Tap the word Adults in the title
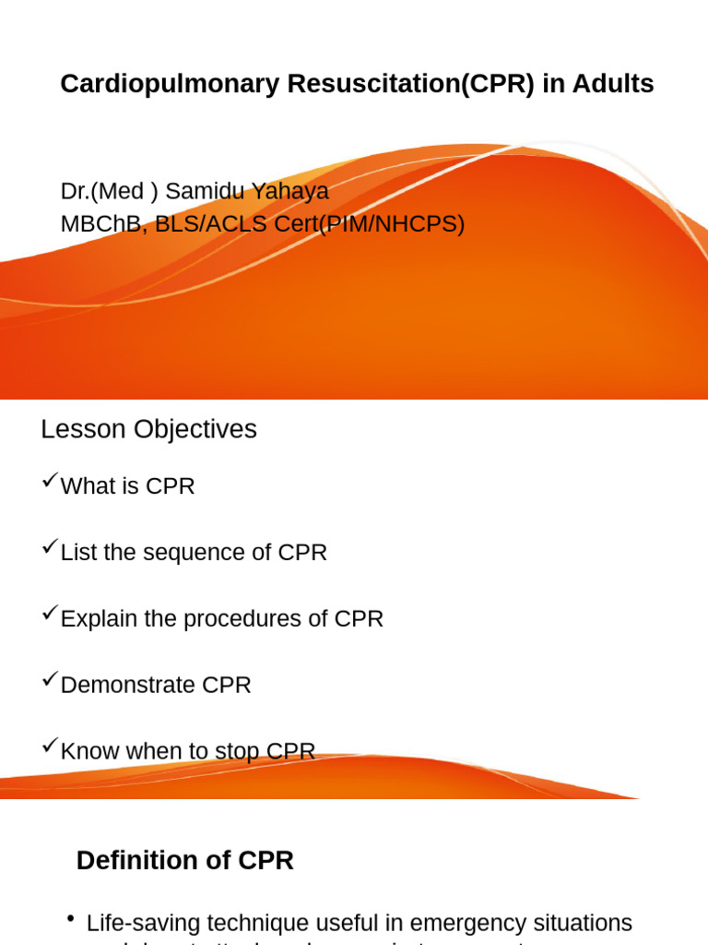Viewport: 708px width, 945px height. (x=612, y=84)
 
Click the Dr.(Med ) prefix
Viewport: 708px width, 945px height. (x=109, y=191)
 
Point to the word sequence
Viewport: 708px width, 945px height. (x=204, y=553)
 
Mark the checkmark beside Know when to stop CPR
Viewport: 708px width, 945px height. (x=50, y=747)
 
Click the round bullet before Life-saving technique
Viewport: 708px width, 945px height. (x=71, y=919)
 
